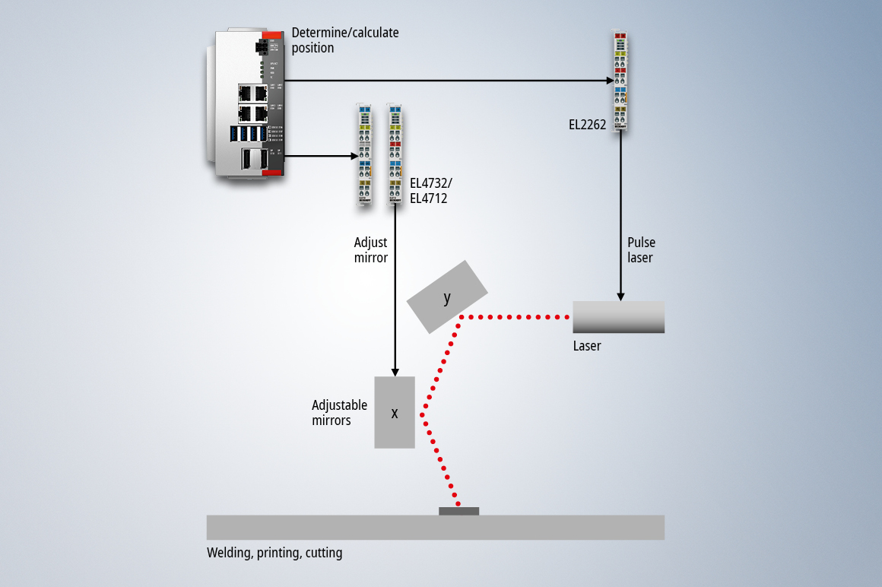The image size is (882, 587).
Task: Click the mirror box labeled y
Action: pyautogui.click(x=447, y=297)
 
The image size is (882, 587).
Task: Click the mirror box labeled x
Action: pyautogui.click(x=395, y=412)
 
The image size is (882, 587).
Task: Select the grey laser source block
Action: pyautogui.click(x=618, y=317)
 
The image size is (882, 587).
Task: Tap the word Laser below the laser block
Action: pyautogui.click(x=587, y=346)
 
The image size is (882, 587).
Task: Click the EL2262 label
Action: pyautogui.click(x=588, y=125)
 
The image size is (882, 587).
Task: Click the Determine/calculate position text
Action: pyautogui.click(x=345, y=40)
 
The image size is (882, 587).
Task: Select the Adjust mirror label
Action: pyautogui.click(x=371, y=250)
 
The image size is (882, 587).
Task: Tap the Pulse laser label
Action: pyautogui.click(x=641, y=250)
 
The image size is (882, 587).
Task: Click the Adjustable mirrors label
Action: pyautogui.click(x=339, y=413)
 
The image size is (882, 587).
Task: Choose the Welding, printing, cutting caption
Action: pyautogui.click(x=274, y=553)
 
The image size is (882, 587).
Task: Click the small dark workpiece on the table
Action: pyautogui.click(x=458, y=511)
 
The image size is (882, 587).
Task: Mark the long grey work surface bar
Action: pyautogui.click(x=435, y=528)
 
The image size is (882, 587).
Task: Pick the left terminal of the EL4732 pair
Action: pyautogui.click(x=364, y=155)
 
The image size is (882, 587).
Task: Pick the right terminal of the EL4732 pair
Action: pyautogui.click(x=395, y=155)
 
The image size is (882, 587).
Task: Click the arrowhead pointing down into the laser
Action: pyautogui.click(x=621, y=296)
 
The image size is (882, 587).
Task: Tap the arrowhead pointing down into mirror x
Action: pyautogui.click(x=395, y=371)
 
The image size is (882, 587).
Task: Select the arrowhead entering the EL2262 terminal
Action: pyautogui.click(x=610, y=80)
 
